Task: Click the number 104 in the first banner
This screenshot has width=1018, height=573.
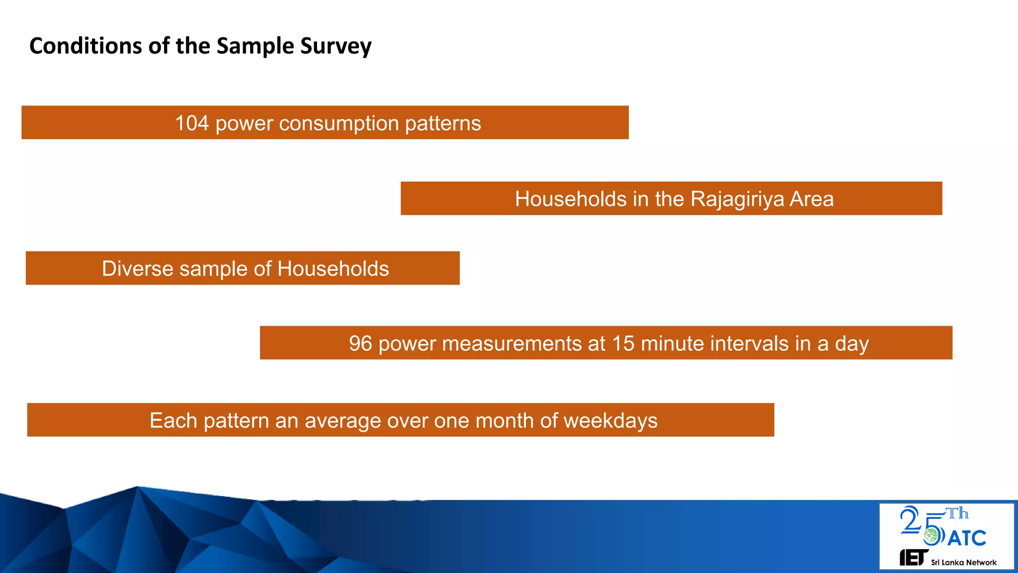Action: coord(191,123)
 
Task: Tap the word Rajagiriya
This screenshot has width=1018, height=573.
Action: coord(737,199)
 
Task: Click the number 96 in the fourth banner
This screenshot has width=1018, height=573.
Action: coord(360,344)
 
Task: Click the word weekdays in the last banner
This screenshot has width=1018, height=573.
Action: coord(610,421)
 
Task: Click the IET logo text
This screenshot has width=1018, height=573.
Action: coord(913,558)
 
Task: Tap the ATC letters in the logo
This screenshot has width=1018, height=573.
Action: coord(967,538)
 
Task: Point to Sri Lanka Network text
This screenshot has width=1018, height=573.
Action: coord(963,563)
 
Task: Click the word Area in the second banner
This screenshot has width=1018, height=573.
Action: coord(811,199)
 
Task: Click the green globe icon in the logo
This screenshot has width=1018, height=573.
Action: coord(931,536)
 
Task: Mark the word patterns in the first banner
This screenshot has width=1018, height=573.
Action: coord(442,123)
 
